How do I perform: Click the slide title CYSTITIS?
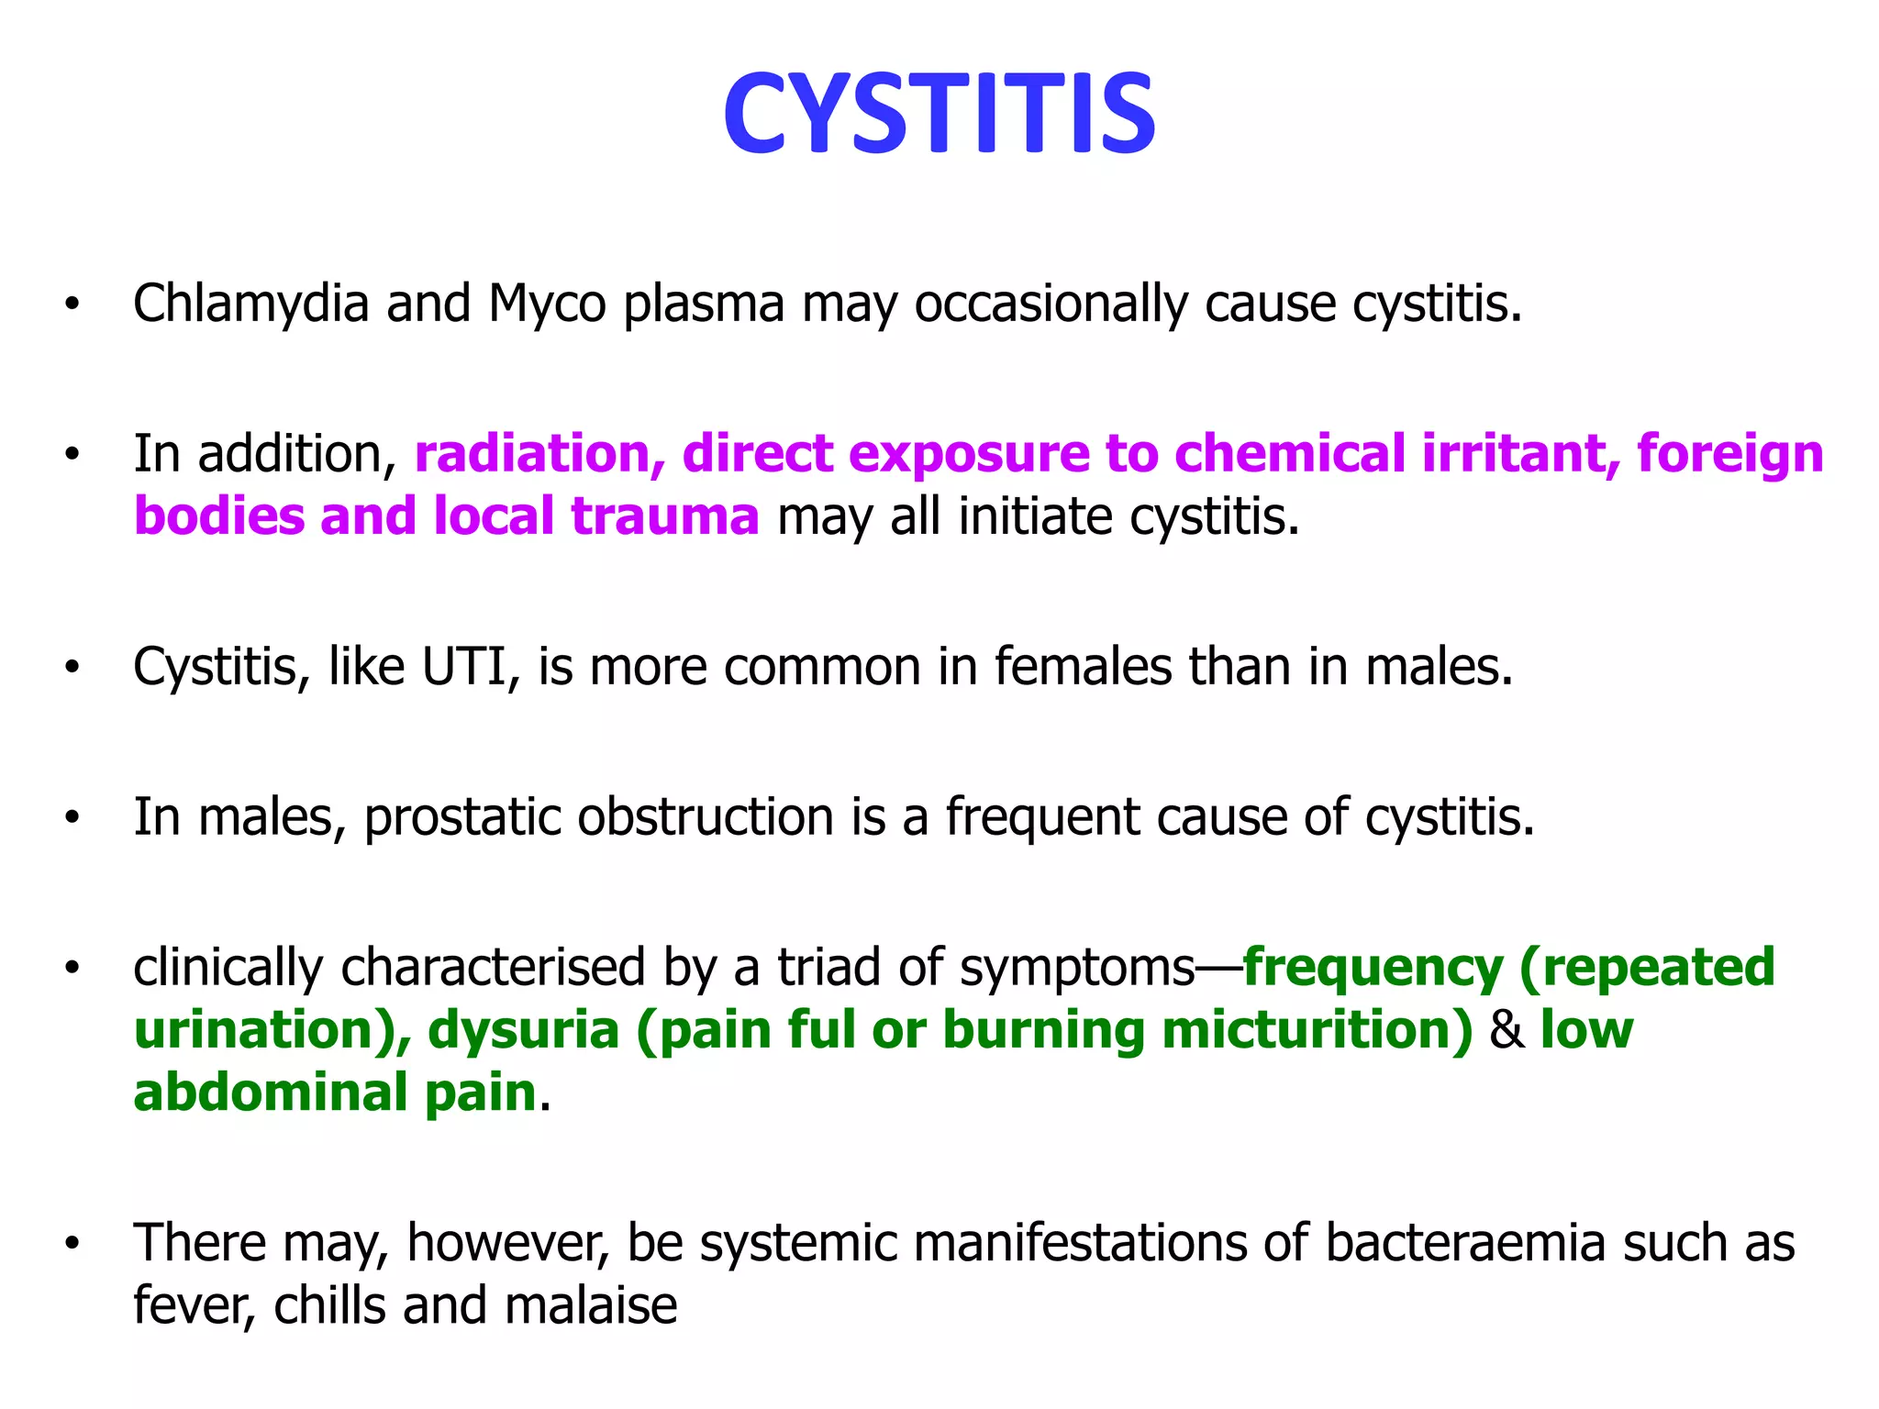939,115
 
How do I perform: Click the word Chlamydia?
250,304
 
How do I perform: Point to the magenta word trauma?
665,516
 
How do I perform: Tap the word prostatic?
462,817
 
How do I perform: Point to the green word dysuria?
524,1031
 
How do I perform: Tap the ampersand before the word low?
1507,1030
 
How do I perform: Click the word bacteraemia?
1465,1244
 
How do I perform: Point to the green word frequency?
1373,969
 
